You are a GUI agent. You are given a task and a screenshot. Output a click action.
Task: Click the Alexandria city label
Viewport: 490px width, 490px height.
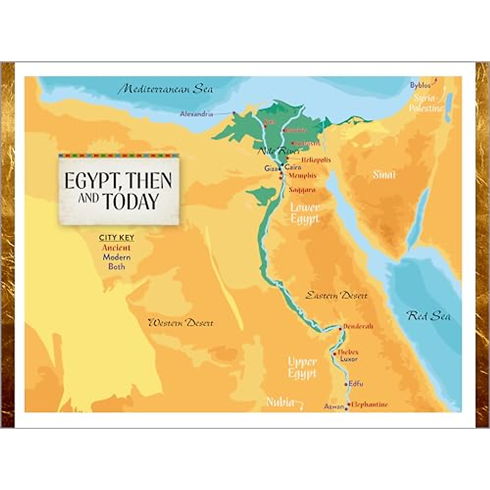point(196,114)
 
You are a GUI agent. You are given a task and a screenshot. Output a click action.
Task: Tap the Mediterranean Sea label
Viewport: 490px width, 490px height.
point(165,89)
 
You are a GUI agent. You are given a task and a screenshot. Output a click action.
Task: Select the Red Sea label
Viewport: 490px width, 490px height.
point(429,316)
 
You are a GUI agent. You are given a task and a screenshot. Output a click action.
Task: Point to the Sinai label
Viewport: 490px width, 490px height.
point(384,175)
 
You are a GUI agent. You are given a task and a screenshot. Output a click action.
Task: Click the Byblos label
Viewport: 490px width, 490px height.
point(420,85)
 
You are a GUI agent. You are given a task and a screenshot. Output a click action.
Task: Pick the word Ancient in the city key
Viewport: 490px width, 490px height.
point(116,247)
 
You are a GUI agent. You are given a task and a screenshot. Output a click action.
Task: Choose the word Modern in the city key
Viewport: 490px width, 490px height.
point(116,257)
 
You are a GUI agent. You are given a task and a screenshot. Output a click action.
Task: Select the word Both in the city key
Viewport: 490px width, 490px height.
point(116,267)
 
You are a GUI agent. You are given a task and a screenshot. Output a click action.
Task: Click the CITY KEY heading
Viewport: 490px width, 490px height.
point(116,238)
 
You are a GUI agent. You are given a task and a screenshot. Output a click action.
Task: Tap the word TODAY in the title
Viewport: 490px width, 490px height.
point(130,202)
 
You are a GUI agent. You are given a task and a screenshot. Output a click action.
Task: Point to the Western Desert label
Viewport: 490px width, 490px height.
point(180,323)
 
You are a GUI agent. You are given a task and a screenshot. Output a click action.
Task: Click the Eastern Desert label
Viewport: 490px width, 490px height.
point(336,295)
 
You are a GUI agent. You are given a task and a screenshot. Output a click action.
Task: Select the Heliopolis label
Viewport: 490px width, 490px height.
point(316,160)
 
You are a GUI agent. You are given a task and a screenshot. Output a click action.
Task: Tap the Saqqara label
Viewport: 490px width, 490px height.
point(302,190)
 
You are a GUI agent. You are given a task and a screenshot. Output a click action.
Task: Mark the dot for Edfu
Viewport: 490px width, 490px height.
point(346,384)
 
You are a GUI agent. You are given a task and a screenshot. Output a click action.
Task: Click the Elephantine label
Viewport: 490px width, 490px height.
point(370,404)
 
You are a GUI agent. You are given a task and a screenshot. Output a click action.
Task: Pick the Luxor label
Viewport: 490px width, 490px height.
point(348,359)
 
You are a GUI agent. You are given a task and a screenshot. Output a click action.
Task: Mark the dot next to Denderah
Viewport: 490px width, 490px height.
point(340,328)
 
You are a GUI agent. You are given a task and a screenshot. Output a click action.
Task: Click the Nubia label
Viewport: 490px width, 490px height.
point(280,402)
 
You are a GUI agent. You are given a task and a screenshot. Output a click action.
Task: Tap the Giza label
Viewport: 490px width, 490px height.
point(270,168)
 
